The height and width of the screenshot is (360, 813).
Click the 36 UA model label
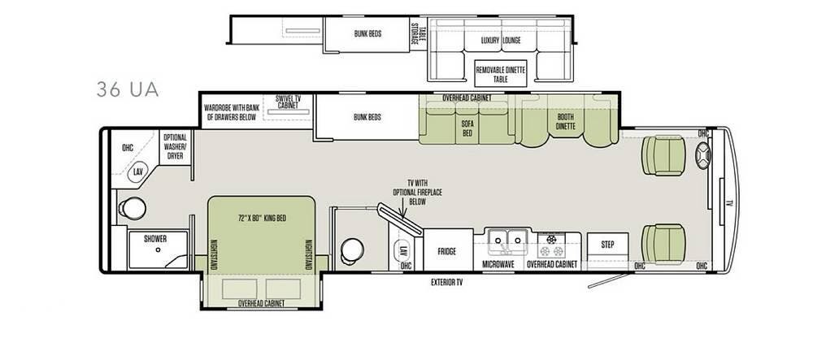[127, 89]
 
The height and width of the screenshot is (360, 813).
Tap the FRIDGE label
[446, 251]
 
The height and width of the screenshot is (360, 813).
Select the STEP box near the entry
[607, 244]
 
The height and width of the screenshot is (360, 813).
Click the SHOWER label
[155, 239]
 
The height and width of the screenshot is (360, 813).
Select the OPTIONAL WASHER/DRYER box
[176, 148]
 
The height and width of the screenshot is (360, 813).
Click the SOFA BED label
[468, 130]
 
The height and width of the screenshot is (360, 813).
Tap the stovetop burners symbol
[554, 240]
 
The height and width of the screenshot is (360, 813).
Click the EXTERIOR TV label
[447, 283]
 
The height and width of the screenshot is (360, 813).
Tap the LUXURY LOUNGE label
[500, 40]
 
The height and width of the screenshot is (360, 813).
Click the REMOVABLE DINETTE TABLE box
[501, 75]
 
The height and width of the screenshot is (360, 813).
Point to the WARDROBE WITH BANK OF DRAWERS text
[230, 111]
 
